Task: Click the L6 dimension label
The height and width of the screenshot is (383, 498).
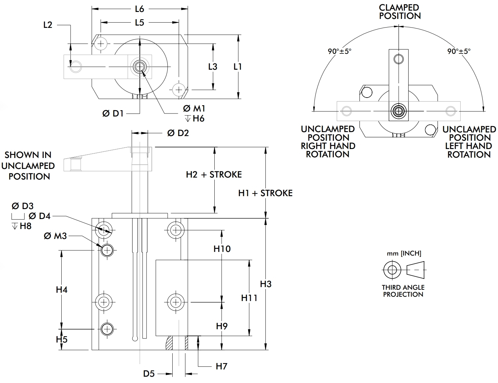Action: point(139,9)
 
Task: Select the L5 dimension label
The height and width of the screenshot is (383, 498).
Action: point(139,23)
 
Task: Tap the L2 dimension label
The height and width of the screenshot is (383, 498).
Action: point(48,25)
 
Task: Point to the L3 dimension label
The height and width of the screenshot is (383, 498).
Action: point(213,66)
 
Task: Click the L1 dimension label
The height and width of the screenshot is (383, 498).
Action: point(238,66)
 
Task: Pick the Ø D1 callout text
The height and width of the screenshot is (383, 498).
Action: point(113,114)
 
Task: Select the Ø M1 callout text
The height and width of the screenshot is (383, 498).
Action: point(194,109)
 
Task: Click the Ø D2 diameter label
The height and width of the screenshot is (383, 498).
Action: point(178,133)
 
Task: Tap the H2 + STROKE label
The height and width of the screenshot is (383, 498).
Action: point(214,175)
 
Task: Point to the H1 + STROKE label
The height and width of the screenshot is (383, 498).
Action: point(265,193)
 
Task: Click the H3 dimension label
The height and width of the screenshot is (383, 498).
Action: point(266,284)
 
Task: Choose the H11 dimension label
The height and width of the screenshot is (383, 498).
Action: point(249,298)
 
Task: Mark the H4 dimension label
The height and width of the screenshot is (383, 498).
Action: point(62,290)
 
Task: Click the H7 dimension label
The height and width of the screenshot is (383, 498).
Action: point(221,366)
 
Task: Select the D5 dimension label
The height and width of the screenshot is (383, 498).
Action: point(149,374)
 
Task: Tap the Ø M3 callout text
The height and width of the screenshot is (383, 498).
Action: point(55,236)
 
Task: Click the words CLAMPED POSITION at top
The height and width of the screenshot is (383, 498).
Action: point(400,12)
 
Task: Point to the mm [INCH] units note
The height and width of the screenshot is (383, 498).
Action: point(404,253)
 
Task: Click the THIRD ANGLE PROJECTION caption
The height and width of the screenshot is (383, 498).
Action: point(403,291)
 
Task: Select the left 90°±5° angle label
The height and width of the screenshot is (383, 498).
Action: point(340,51)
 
